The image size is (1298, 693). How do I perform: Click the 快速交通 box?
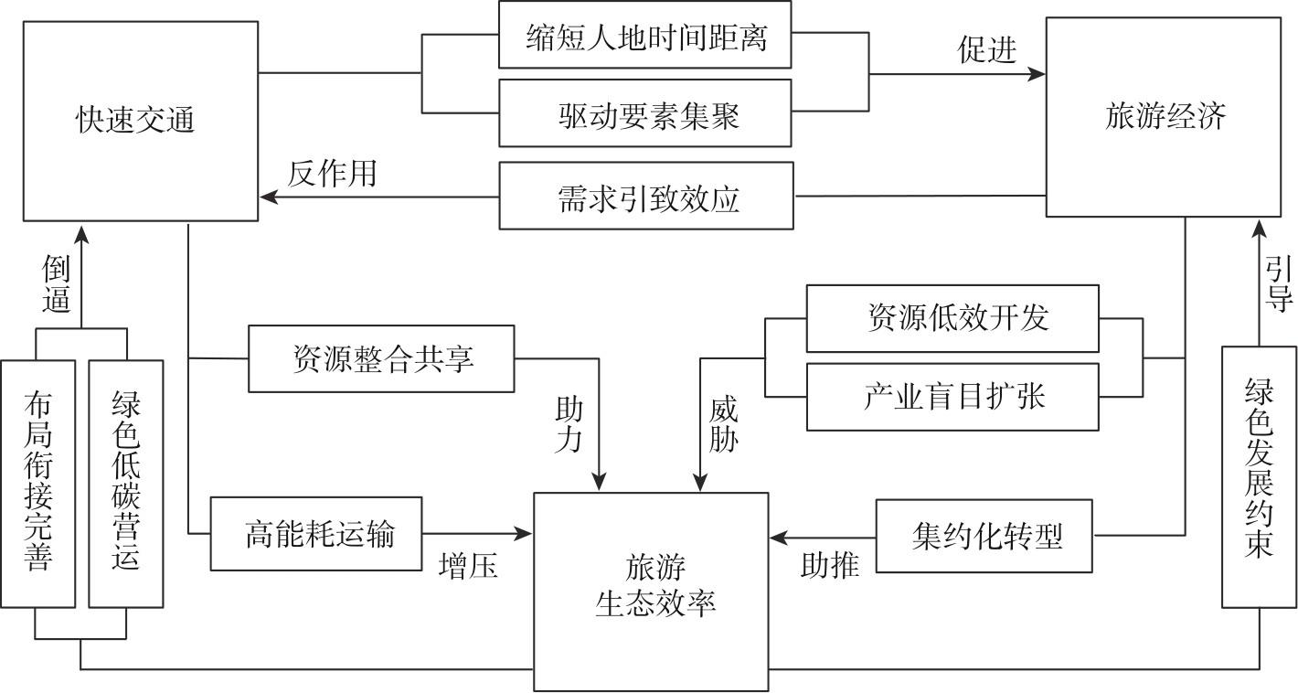pos(140,121)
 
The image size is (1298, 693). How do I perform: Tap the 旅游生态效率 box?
pos(651,585)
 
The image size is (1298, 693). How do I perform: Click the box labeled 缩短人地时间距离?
pos(644,37)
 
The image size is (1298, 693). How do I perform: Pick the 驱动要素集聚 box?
pos(644,114)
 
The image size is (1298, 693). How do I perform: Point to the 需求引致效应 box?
pos(645,197)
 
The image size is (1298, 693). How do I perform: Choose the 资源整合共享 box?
pos(381,358)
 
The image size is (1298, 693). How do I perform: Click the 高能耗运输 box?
pos(316,533)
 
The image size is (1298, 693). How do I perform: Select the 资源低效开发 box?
pos(952,318)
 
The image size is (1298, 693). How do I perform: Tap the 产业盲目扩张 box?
pos(952,397)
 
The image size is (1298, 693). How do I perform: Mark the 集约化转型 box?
pos(984,536)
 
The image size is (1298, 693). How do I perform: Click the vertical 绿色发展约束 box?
pos(1259,476)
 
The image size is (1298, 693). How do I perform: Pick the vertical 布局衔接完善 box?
pos(37,484)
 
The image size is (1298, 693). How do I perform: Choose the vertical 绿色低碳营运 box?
pos(126,484)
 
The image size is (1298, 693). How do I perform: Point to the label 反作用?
pos(332,173)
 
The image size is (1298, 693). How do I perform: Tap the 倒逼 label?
pos(56,283)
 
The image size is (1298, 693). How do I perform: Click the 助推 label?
pos(830,565)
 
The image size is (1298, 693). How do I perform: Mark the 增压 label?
pos(468,567)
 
